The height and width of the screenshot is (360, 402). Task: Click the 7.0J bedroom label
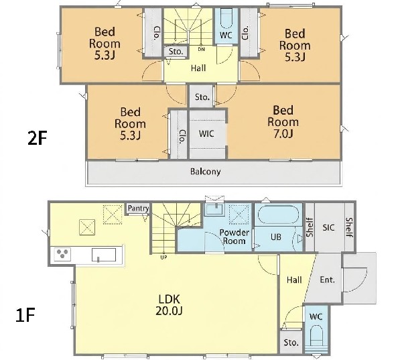(283, 122)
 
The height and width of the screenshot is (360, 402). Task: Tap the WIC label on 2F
(206, 133)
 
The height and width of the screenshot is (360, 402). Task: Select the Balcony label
(206, 172)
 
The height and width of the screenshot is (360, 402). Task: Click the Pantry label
(138, 208)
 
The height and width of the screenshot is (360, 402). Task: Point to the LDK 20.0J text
(169, 305)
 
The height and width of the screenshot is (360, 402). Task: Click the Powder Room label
(234, 237)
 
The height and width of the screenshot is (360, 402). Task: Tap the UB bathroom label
(276, 237)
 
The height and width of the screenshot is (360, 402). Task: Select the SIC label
(328, 227)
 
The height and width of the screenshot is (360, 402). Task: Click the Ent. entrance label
(328, 280)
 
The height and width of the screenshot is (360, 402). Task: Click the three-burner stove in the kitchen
(62, 254)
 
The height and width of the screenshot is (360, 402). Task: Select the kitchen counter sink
(104, 255)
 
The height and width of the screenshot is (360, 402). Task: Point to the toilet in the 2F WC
(226, 19)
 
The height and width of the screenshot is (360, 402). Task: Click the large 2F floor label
(37, 139)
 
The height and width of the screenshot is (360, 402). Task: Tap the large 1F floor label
(25, 315)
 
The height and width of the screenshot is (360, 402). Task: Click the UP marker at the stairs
(163, 256)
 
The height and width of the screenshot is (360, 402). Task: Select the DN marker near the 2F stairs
(201, 50)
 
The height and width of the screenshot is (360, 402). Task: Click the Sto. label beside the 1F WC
(291, 343)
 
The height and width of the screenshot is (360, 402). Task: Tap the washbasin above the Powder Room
(216, 210)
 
